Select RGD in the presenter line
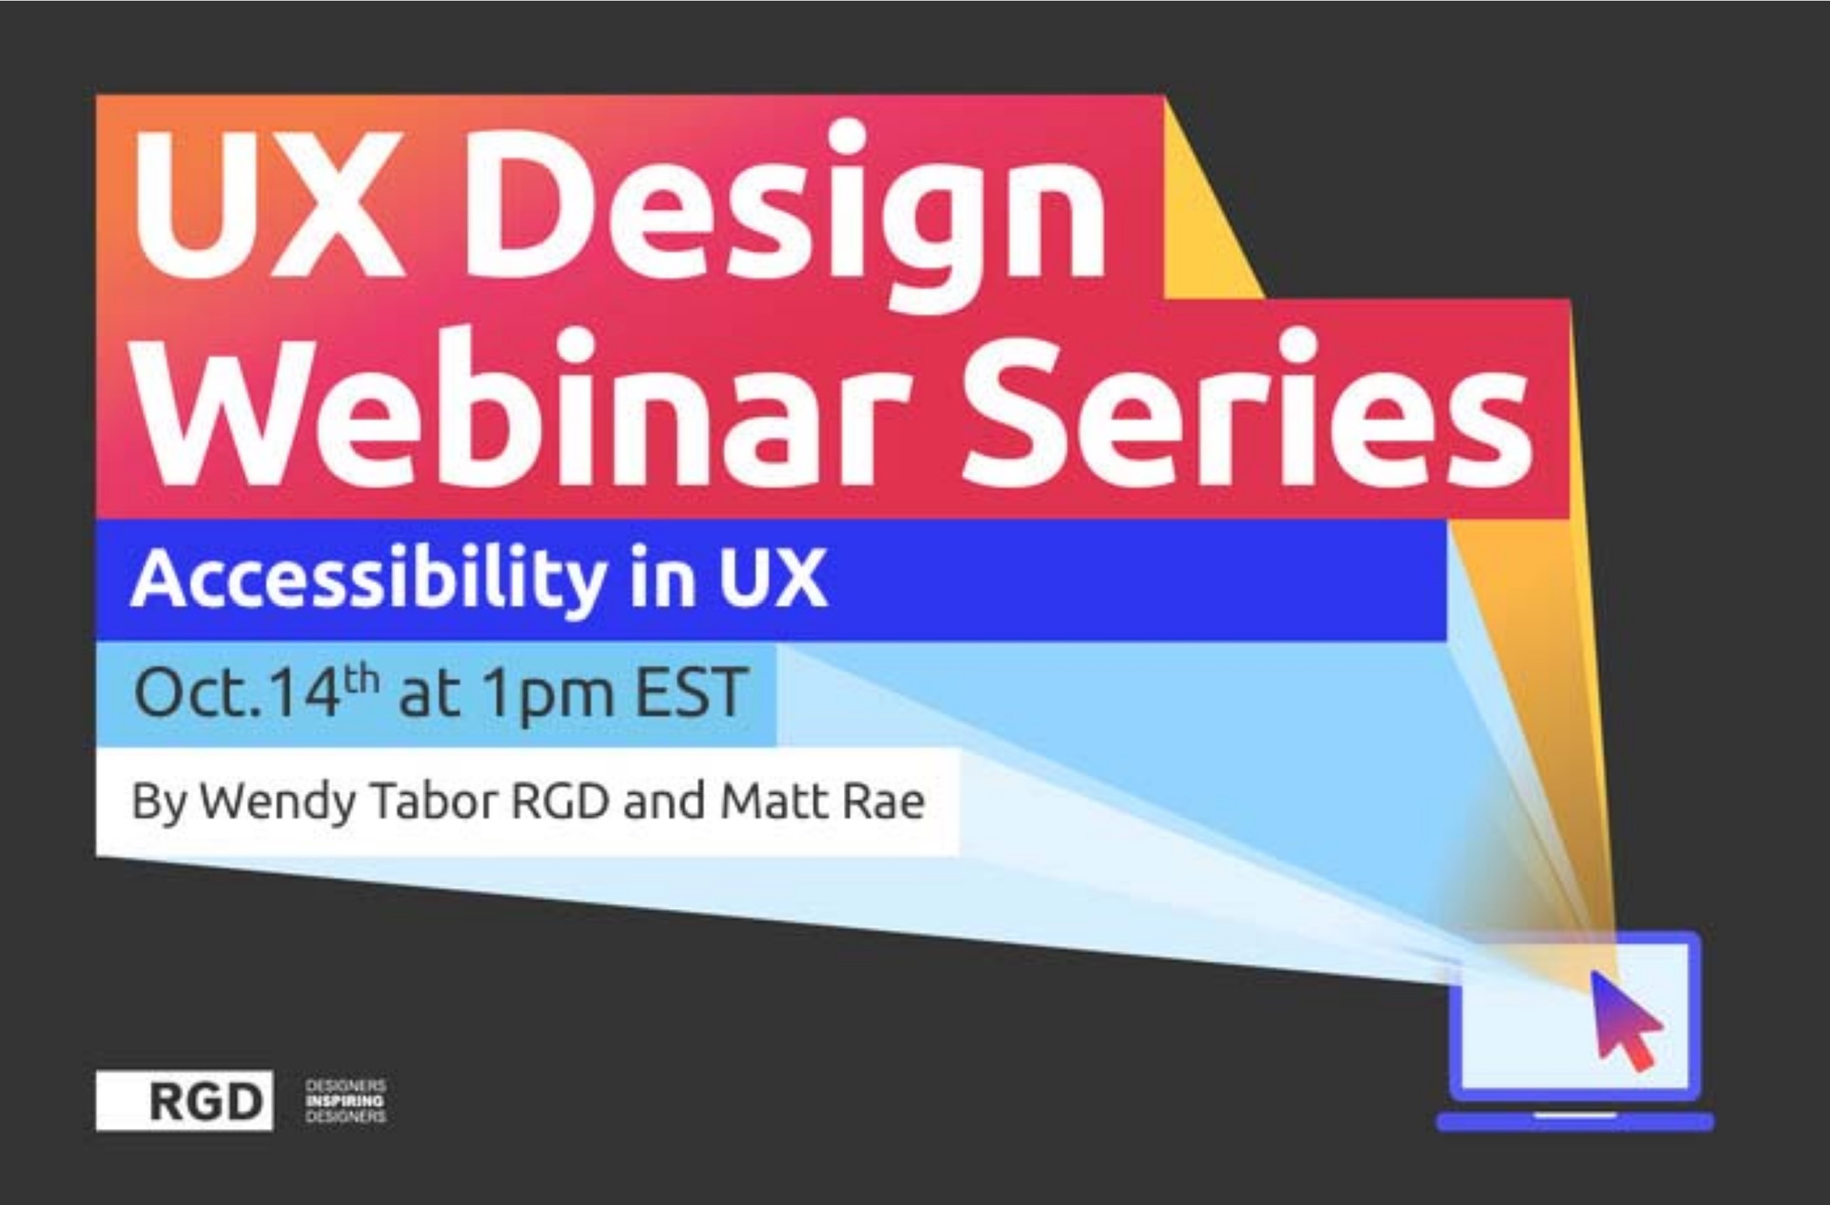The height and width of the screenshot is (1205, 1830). (x=560, y=801)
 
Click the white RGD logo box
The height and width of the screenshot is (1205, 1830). (x=184, y=1100)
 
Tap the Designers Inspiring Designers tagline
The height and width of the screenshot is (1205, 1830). (x=345, y=1100)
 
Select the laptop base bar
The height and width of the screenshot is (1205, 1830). (x=1575, y=1122)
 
